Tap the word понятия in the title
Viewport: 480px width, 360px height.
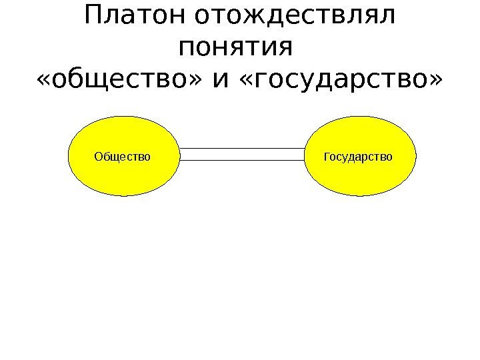tap(237, 48)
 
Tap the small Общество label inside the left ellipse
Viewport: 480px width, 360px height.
tap(123, 157)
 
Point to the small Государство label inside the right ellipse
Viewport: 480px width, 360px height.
tap(358, 157)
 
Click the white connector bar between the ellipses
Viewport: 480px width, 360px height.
tap(242, 155)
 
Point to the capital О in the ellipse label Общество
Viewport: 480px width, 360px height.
tap(99, 157)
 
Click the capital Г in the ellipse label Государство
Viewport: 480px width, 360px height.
tap(327, 157)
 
